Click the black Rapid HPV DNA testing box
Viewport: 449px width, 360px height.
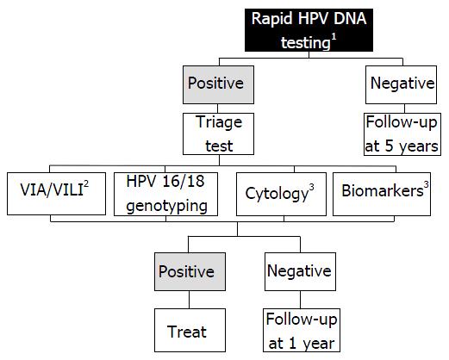tap(309, 30)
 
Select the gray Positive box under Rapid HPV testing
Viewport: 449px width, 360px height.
tap(218, 84)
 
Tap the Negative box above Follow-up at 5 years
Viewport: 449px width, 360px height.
tap(401, 84)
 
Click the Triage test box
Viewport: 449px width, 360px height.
tap(218, 133)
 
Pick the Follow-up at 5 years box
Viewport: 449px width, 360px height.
tap(402, 134)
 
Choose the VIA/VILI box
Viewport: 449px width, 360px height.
tap(56, 194)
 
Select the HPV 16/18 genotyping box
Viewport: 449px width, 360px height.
tap(165, 194)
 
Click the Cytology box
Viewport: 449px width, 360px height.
tap(281, 194)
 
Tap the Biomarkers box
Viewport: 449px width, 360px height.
tap(382, 194)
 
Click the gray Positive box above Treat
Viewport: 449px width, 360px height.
tap(190, 271)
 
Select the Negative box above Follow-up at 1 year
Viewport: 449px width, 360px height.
tap(300, 271)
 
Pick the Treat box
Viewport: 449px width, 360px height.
tap(190, 330)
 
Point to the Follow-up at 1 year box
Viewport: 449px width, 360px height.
tap(302, 330)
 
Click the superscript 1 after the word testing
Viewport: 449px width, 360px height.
tap(334, 37)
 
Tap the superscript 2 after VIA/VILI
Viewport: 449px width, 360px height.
tap(86, 183)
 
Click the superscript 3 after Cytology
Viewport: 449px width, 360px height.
tap(311, 188)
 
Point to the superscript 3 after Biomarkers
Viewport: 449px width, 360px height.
tap(427, 184)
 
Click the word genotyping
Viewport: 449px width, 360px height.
tap(166, 207)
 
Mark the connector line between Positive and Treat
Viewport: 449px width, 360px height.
tap(189, 300)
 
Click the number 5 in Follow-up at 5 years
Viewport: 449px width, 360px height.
tap(389, 146)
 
